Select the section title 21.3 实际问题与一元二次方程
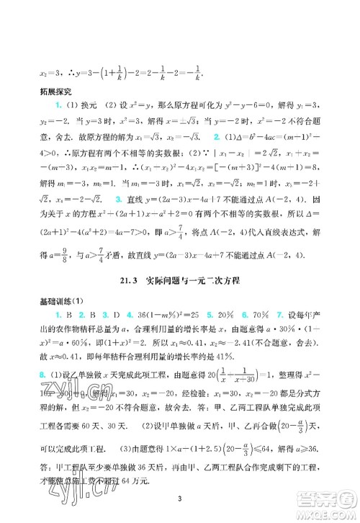coord(180,240)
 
